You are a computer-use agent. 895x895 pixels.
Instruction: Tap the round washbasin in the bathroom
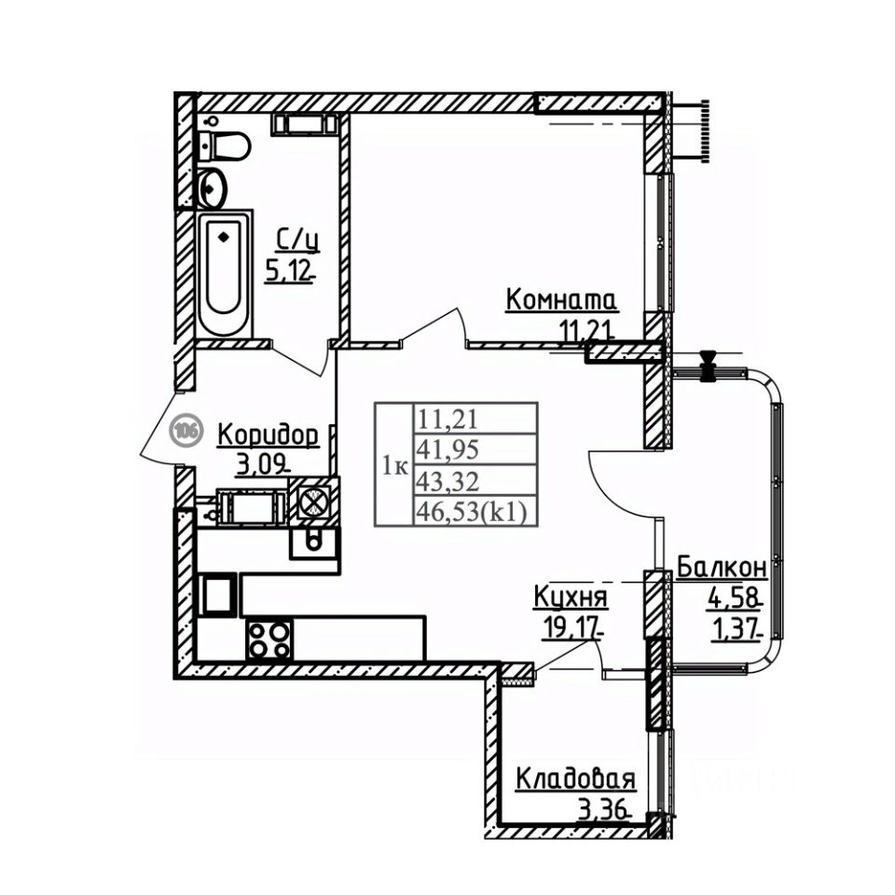213,188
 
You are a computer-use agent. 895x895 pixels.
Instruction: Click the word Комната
561,300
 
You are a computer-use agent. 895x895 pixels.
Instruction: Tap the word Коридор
268,434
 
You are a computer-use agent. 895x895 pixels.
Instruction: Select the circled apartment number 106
187,431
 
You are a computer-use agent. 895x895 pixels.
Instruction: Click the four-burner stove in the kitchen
268,640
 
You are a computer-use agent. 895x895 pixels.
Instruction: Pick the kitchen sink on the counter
313,540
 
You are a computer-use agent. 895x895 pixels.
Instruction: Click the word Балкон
722,567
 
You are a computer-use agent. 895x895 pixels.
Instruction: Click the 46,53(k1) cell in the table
474,511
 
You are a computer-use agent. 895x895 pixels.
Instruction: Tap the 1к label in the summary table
394,466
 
